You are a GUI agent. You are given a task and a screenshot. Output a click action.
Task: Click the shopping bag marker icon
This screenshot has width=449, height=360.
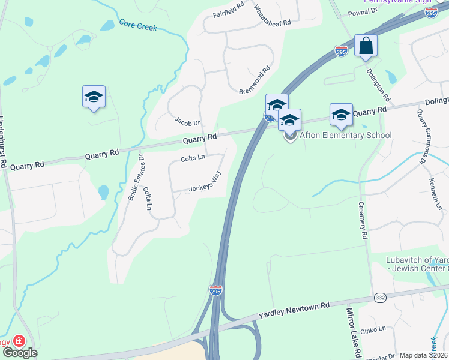click(366, 46)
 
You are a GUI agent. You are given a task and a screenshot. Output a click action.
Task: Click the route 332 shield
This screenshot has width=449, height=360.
click(380, 297)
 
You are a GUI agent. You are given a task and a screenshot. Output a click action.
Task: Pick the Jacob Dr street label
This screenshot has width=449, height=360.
click(187, 121)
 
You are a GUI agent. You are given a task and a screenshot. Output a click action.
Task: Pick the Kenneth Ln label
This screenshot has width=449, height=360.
click(436, 194)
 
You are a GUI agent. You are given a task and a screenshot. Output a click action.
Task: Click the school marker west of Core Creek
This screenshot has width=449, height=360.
click(94, 97)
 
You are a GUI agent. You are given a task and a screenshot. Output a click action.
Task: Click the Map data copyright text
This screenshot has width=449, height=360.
click(423, 356)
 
